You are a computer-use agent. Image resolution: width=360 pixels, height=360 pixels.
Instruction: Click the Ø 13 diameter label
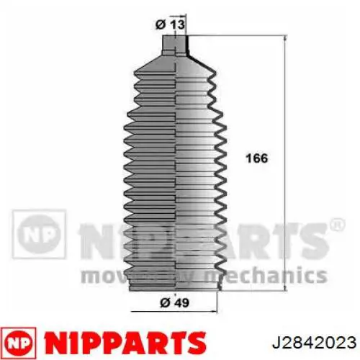170,24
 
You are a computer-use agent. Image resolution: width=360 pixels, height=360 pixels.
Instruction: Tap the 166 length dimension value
256,158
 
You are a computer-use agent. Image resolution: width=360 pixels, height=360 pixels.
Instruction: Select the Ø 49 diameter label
174,302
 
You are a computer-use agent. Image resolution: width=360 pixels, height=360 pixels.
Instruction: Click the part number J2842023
314,342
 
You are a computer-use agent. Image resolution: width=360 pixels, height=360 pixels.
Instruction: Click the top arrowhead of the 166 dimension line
285,38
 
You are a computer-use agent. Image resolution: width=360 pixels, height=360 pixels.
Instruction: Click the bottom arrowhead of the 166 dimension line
285,288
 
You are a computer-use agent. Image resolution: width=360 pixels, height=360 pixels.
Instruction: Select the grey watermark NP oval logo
38,234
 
